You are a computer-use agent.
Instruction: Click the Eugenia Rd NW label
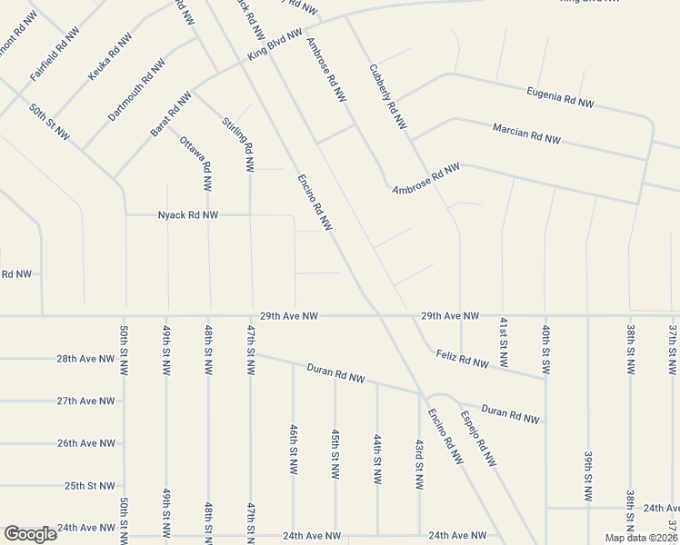click(560, 97)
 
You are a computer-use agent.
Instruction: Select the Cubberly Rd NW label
click(387, 97)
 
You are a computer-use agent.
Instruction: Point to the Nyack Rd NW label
click(188, 215)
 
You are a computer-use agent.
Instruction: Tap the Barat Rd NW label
click(172, 114)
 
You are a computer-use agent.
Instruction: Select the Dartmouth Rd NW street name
click(136, 91)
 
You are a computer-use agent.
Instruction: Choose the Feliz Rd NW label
click(461, 359)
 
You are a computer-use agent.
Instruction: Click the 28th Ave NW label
click(85, 359)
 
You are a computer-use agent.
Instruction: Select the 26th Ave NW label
click(85, 443)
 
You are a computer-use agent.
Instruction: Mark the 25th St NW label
click(89, 486)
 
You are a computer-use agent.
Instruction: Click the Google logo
click(30, 533)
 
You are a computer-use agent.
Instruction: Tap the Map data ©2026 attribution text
click(640, 538)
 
